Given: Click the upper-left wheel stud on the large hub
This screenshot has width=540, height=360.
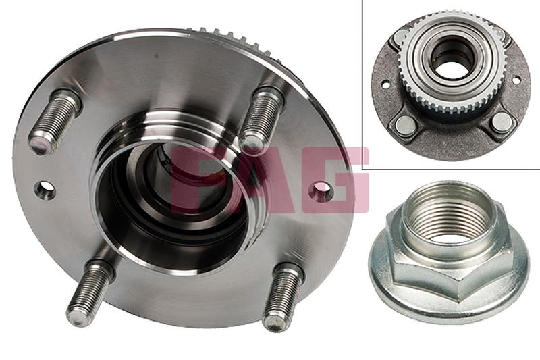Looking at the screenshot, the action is tap(55, 122).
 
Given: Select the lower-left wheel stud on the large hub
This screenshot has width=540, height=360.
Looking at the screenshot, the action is tap(90, 292).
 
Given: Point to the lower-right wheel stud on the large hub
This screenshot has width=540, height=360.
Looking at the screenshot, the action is tap(282, 297).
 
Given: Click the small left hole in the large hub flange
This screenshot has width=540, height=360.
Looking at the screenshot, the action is tap(45, 190).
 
